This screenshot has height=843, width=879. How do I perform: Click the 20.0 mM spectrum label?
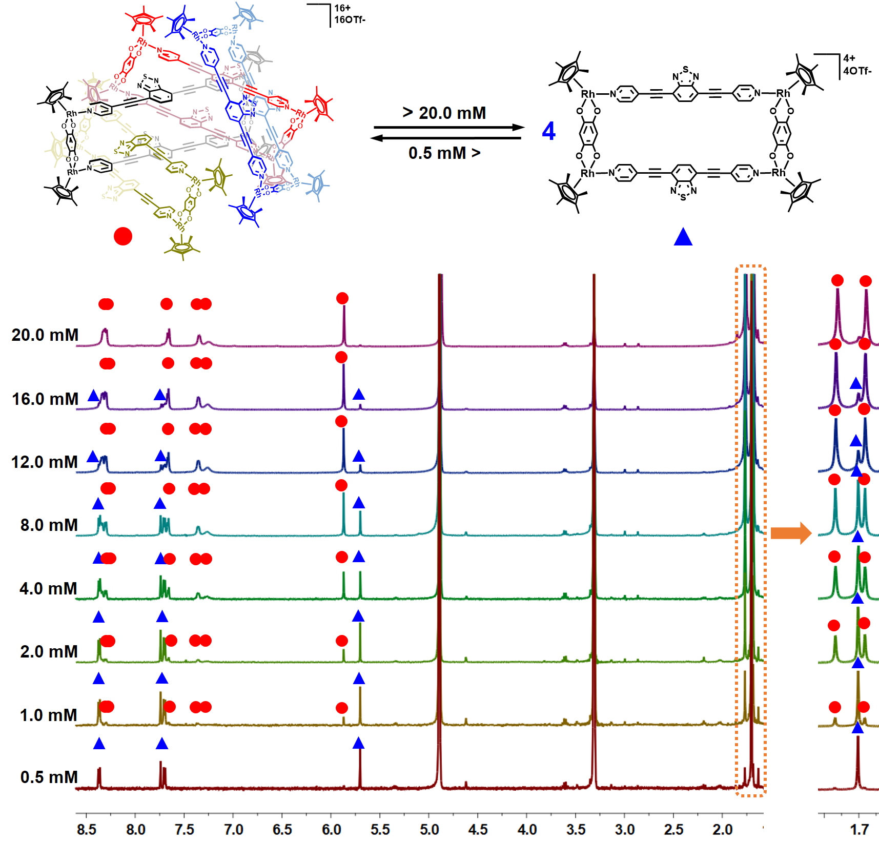45,335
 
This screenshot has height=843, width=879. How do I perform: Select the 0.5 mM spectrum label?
49,777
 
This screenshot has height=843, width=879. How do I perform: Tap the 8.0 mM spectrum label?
49,525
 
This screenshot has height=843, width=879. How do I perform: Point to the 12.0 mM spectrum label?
45,462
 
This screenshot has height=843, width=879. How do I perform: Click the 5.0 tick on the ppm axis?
429,829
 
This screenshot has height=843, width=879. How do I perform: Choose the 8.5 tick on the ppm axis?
87,829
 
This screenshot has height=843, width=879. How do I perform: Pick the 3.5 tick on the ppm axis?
576,829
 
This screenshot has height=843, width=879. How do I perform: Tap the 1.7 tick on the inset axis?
859,829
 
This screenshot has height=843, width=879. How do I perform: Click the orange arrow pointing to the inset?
791,533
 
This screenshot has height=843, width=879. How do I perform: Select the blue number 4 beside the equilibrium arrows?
548,131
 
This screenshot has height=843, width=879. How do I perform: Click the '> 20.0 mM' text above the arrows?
444,113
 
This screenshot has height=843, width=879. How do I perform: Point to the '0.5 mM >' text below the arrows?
444,153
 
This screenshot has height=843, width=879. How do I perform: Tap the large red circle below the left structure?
123,236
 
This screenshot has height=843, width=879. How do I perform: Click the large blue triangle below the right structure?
683,237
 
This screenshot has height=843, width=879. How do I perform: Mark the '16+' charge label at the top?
342,8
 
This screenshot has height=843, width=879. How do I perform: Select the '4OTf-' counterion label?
857,71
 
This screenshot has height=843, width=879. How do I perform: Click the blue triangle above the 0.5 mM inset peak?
857,728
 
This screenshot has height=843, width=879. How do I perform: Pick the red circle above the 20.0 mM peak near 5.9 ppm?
342,298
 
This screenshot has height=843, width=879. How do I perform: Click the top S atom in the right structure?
686,69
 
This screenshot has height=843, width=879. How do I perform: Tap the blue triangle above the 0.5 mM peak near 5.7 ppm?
359,743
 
